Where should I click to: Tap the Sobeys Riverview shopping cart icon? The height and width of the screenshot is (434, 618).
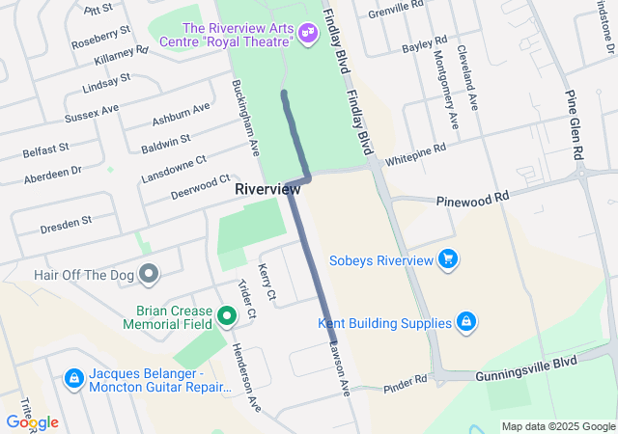pos(446,258)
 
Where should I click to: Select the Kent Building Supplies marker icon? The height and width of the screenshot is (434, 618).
pos(465,322)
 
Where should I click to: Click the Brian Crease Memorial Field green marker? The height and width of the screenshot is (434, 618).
pos(226,315)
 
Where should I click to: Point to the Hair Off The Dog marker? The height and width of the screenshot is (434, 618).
pos(148,275)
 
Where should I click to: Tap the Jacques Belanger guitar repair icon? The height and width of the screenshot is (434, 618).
pos(73,379)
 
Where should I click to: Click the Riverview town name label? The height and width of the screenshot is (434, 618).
pos(267,190)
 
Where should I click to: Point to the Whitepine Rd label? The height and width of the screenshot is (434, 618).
pos(415,154)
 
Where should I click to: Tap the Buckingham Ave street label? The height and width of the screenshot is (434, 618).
pos(246,119)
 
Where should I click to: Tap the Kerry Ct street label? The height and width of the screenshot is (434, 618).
pos(267,281)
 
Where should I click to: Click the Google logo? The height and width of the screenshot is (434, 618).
pos(31,422)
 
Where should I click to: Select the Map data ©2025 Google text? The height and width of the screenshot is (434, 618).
pos(557,426)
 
